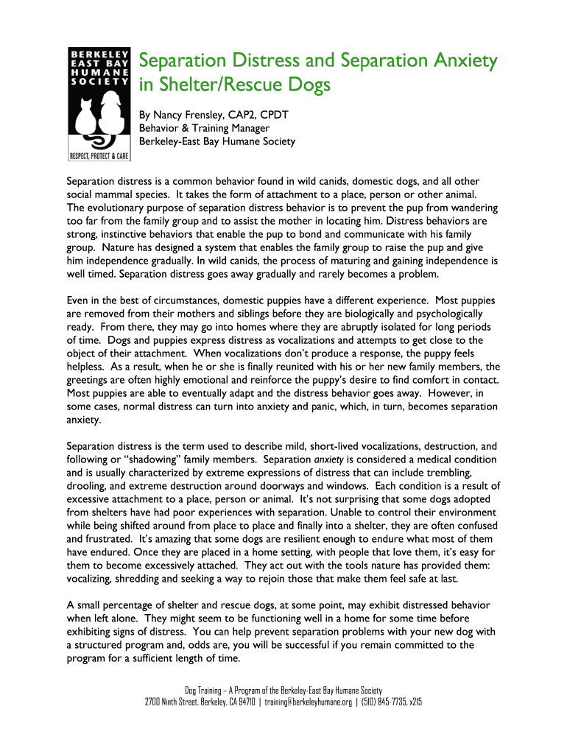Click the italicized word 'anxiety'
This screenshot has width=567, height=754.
331,459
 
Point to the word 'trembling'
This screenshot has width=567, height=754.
445,473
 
